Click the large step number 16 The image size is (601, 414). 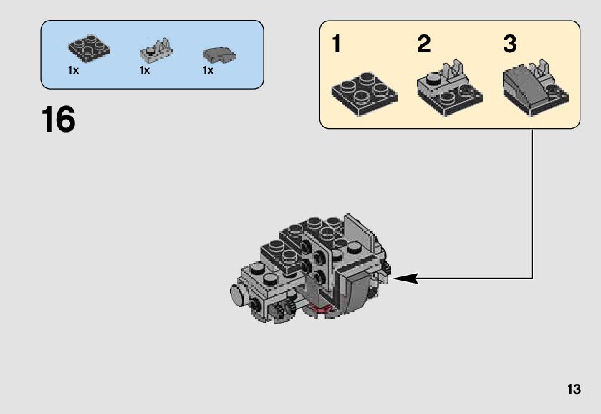coord(59,120)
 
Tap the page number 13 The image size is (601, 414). coord(573,390)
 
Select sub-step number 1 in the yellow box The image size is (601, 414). coord(337,44)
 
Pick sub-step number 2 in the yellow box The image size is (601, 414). coord(424,44)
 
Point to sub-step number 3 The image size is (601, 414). coord(509,44)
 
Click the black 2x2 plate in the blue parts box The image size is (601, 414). coord(90,48)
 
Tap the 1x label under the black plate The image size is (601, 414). coord(73,71)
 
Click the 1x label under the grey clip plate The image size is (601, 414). coord(145,71)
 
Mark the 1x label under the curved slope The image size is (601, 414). coord(208,71)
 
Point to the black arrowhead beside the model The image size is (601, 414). coord(405,278)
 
